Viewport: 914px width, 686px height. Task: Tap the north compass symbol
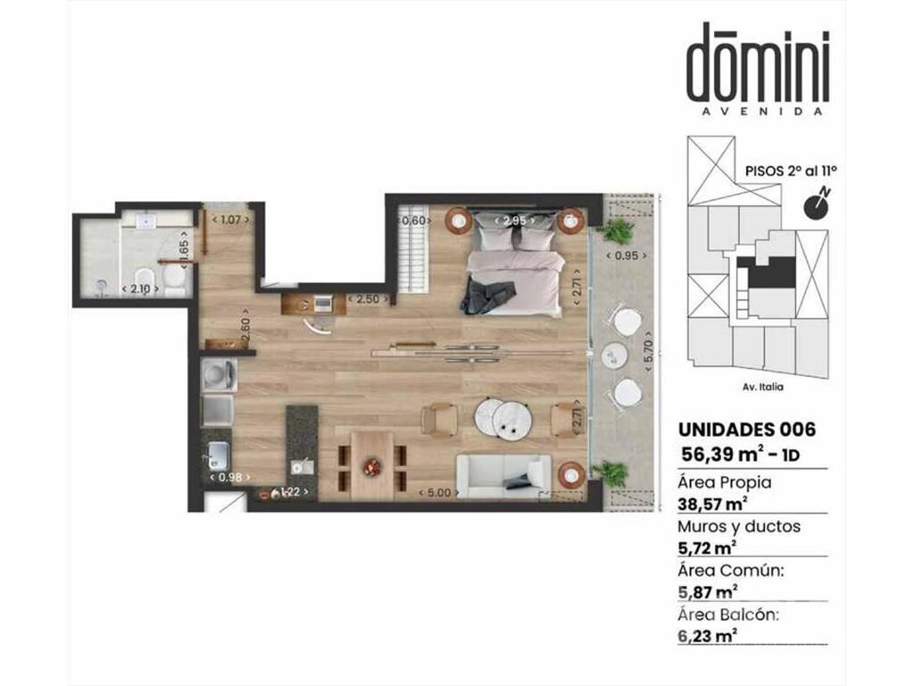(817, 204)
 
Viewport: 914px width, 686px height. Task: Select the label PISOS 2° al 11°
(791, 171)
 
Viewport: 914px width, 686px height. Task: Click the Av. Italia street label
(764, 387)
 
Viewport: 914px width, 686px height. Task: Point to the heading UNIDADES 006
(747, 430)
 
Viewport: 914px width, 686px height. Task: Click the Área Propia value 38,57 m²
(713, 503)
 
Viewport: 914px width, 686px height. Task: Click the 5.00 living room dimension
(439, 493)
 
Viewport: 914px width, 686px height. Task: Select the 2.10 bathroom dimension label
(140, 289)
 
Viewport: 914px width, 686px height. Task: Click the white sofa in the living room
(503, 476)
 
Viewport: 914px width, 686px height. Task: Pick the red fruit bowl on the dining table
(371, 466)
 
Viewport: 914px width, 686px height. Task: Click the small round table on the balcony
(614, 356)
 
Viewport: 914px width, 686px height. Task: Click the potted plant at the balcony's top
(616, 231)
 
